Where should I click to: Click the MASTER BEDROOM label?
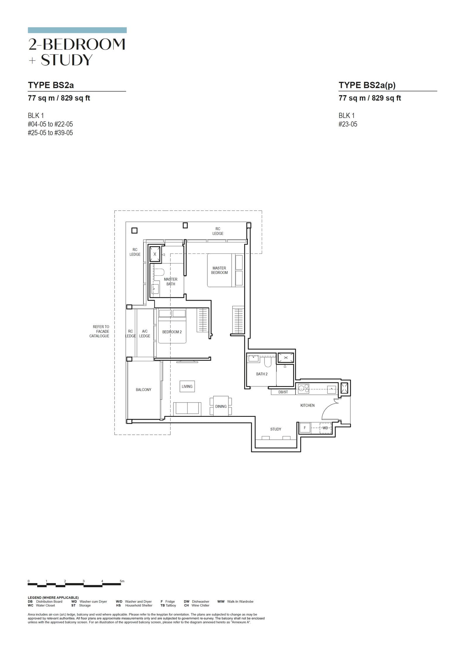[219, 270]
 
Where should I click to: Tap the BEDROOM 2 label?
[172, 332]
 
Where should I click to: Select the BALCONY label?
[143, 390]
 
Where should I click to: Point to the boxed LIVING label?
[187, 386]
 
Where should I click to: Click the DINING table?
[221, 406]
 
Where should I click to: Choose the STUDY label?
[276, 429]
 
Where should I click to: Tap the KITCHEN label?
[307, 405]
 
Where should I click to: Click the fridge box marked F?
[305, 428]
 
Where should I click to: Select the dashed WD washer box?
[325, 428]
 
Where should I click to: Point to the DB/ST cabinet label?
[283, 392]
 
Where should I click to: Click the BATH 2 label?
[262, 374]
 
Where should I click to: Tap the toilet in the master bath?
[159, 273]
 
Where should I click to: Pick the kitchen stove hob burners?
[304, 388]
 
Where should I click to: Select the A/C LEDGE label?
[144, 334]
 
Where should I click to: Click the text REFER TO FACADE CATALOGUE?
[99, 331]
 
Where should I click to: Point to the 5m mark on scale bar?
[122, 581]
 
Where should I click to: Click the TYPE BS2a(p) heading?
[367, 85]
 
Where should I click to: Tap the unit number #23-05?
[348, 124]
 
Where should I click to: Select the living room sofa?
[187, 408]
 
